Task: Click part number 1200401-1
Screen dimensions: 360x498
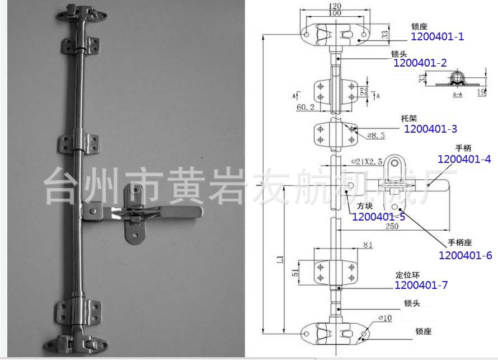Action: [438, 38]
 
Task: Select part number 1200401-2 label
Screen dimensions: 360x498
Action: [420, 64]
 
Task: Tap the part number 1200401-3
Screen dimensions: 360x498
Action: [430, 129]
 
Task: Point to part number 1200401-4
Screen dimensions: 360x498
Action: [464, 160]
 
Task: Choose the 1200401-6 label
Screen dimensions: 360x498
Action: [465, 255]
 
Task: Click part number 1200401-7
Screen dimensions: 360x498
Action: [421, 285]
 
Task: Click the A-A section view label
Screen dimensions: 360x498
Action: [457, 96]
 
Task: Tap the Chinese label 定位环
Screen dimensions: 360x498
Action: [407, 275]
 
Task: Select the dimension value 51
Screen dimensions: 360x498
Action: [294, 273]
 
